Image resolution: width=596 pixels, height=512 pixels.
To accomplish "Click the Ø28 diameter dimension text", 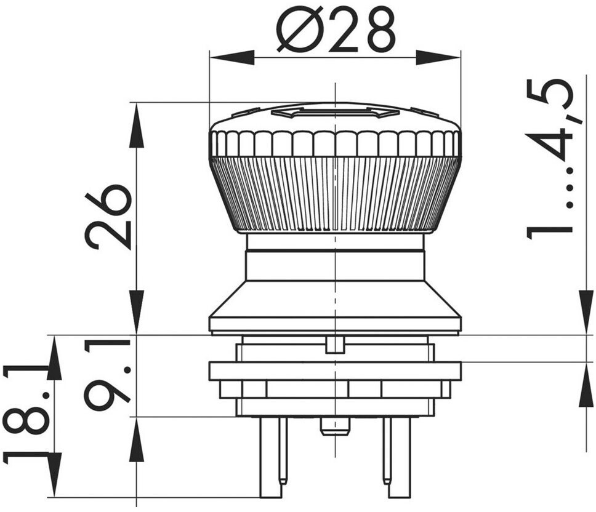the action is click(x=335, y=30).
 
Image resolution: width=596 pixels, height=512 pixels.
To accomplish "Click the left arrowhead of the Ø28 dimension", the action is click(x=232, y=57).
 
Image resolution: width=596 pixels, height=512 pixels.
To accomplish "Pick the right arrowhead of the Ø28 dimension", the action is click(x=438, y=57).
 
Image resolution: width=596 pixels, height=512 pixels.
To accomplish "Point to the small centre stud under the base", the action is click(x=335, y=426).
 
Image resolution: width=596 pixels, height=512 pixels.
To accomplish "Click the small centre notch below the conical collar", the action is click(x=335, y=344).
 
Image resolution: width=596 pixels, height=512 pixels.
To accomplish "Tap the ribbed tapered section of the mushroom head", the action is click(x=335, y=193).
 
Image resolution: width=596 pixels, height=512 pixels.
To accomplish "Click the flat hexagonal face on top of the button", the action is click(x=335, y=112).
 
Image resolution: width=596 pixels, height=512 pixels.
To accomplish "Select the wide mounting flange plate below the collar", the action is click(x=335, y=371).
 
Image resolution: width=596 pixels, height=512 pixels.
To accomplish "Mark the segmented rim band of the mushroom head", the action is click(x=335, y=143).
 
